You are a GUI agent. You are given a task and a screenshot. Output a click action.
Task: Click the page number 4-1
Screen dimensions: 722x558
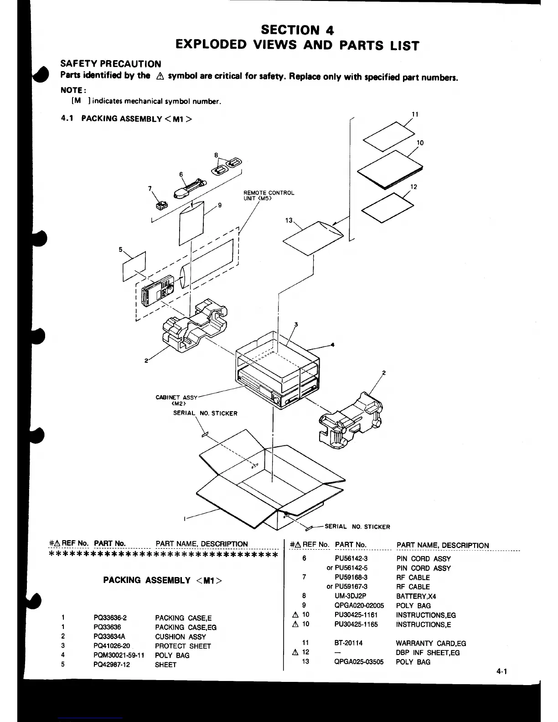click(x=502, y=671)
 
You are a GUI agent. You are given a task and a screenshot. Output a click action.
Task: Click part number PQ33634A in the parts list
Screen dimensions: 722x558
click(x=109, y=636)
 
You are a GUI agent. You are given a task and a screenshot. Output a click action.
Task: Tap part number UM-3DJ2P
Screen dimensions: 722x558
click(x=350, y=596)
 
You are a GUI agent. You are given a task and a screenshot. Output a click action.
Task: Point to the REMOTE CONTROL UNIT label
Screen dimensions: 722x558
click(x=269, y=195)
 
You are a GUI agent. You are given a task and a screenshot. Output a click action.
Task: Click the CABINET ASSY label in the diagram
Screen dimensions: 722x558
click(x=177, y=400)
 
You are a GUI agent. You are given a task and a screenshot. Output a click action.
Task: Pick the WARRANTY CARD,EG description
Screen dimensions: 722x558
click(x=431, y=643)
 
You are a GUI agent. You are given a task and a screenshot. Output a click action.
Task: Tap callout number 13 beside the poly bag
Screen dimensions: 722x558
click(x=289, y=220)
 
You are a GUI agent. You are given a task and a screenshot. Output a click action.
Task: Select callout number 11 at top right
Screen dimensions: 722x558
click(x=415, y=114)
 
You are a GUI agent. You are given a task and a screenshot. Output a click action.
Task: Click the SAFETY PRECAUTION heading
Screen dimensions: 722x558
click(x=111, y=64)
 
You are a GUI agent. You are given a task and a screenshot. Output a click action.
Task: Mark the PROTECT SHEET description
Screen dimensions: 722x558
click(x=183, y=646)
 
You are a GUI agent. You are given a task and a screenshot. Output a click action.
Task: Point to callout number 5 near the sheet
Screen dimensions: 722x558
click(x=121, y=249)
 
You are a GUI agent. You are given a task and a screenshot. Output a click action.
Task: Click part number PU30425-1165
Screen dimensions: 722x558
click(x=356, y=624)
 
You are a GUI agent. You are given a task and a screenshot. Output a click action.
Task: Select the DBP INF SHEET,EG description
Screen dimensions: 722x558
click(x=428, y=653)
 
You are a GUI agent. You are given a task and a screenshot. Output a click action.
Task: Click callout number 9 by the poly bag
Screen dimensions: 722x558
click(x=220, y=205)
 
